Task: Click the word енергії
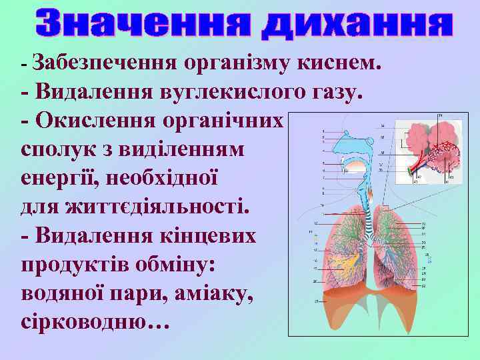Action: [59, 179]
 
